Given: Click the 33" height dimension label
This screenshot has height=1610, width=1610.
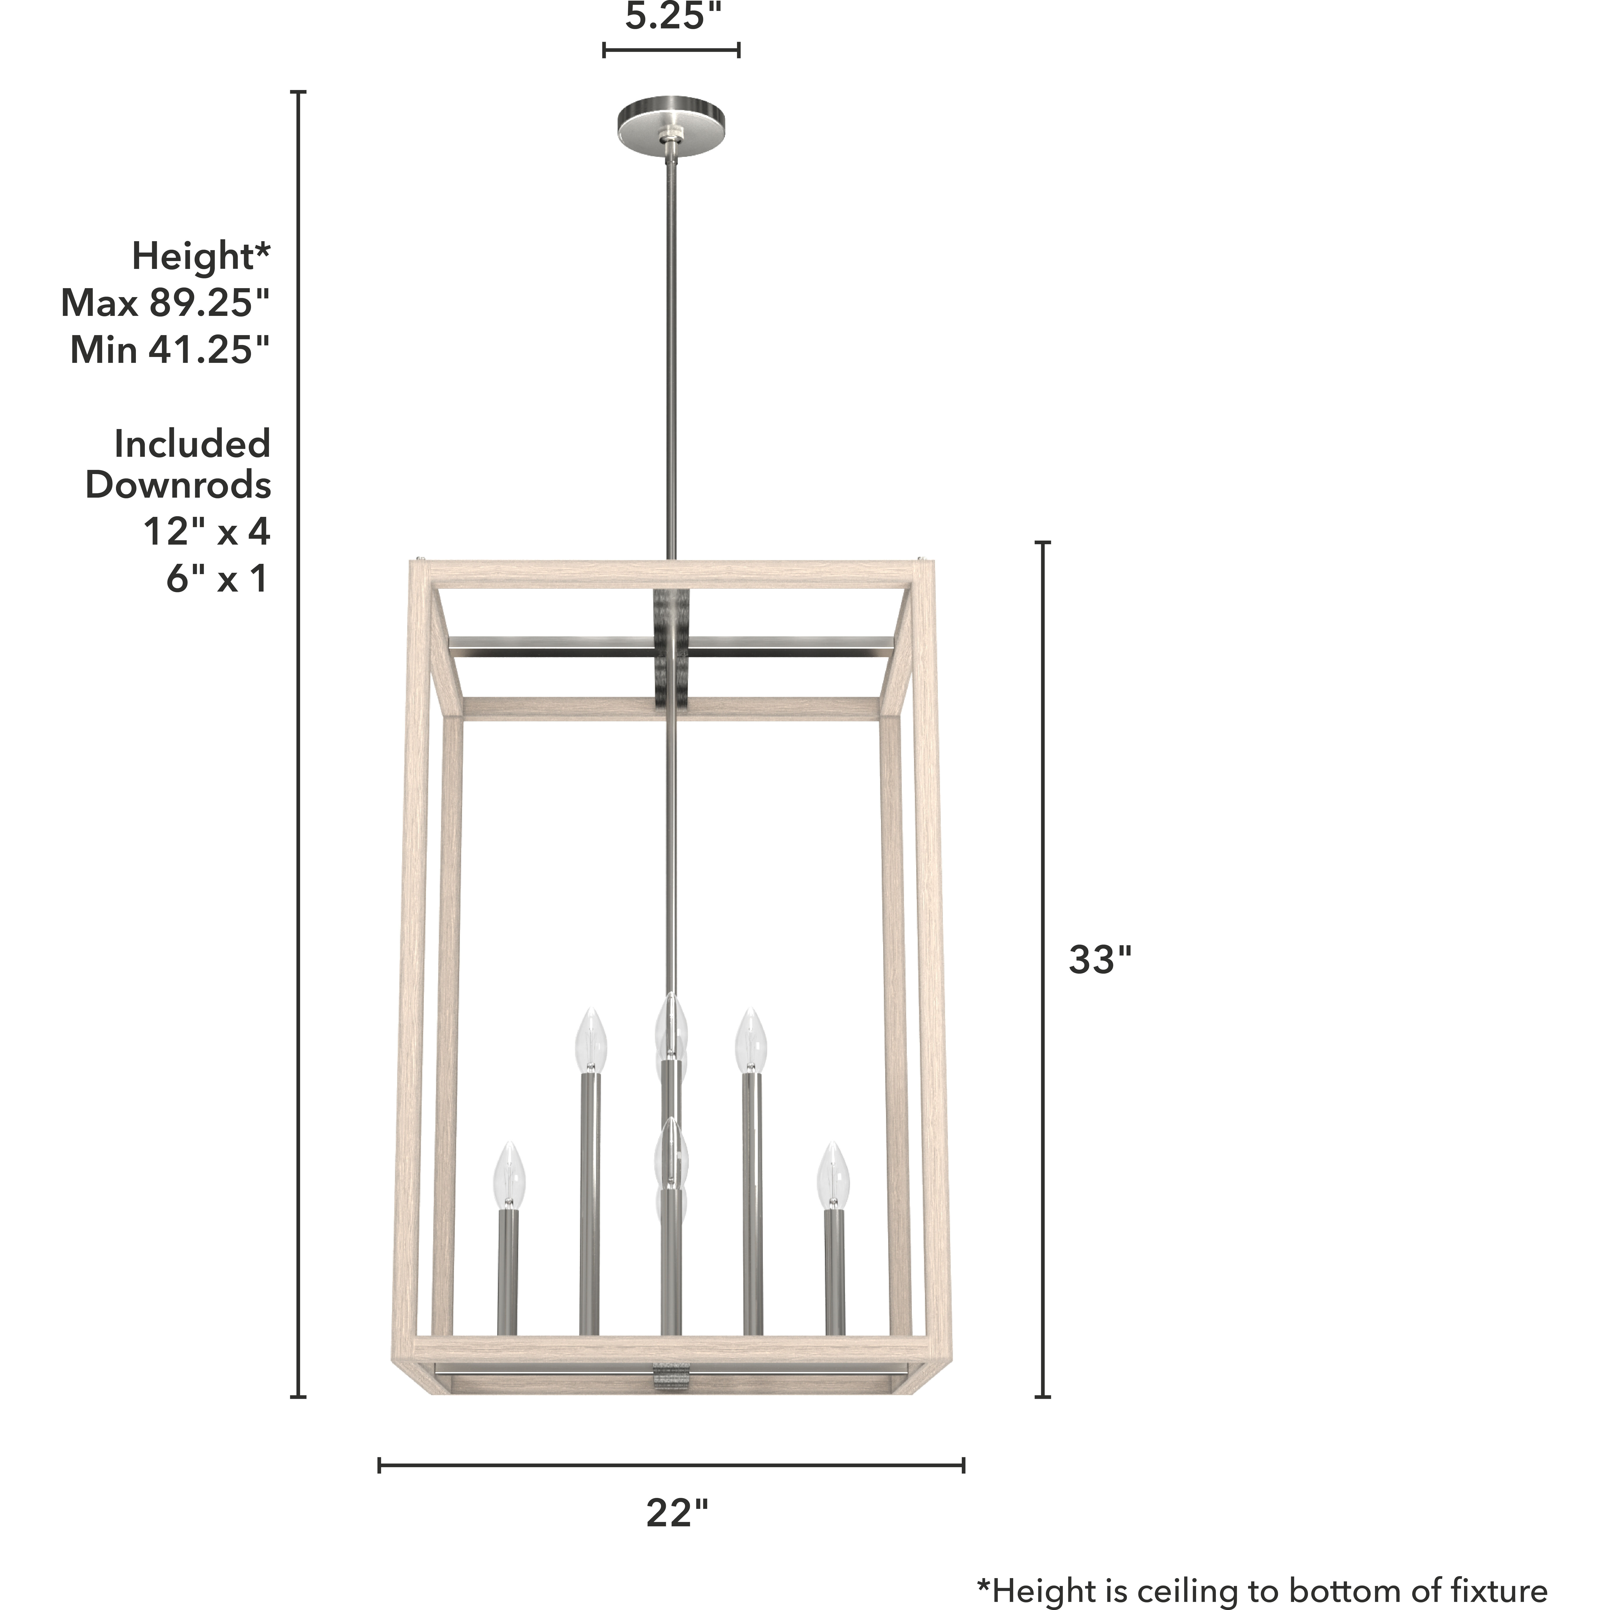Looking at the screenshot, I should [x=1100, y=961].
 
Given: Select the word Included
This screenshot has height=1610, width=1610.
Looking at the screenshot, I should [x=192, y=444].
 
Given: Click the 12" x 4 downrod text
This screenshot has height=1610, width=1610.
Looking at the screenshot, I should [x=207, y=532].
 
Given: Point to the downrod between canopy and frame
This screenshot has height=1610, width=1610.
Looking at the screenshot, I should [x=671, y=350].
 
